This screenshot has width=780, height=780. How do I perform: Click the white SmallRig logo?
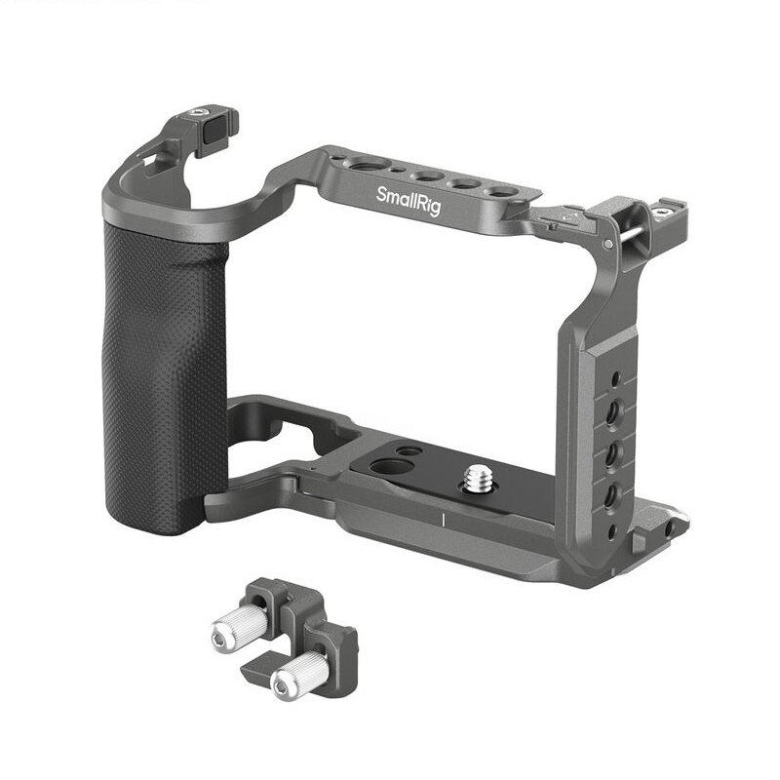(x=409, y=201)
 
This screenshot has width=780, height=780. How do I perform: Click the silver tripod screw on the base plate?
(x=478, y=479)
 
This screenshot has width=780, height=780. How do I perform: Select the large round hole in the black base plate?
(x=392, y=468)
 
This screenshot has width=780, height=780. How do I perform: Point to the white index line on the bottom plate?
(x=443, y=520)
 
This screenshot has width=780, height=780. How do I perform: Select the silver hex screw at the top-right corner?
(x=662, y=213)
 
